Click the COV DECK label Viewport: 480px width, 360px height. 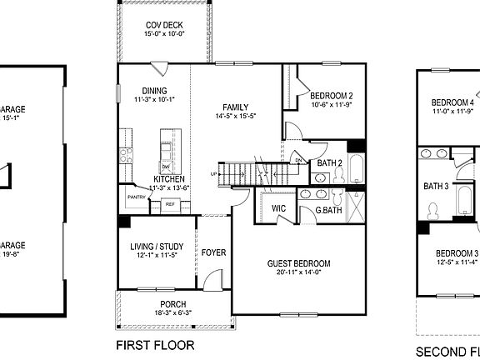point(163,26)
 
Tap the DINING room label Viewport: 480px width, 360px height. point(154,91)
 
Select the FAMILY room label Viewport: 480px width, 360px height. point(236,107)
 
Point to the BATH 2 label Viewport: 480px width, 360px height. point(331,163)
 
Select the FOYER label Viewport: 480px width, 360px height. point(212,251)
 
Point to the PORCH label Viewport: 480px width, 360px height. point(173,303)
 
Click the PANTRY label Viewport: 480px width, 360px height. point(136,197)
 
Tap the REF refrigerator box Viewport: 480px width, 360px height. point(170,204)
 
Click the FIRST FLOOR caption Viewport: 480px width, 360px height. point(154,344)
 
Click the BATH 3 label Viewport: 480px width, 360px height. point(436,186)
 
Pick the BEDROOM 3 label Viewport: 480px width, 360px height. point(457,253)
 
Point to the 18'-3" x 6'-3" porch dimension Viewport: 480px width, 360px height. point(173,312)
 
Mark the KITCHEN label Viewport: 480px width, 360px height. point(169,178)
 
